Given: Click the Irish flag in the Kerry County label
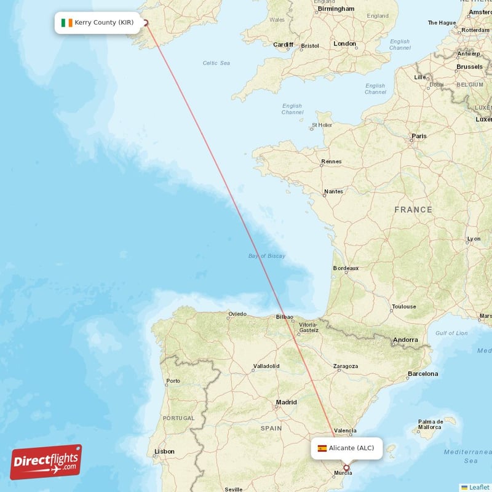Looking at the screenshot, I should click(67, 23).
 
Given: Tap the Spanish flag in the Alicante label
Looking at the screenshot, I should click(322, 448).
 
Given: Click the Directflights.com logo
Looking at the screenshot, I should click(46, 462).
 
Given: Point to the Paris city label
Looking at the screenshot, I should click(419, 136).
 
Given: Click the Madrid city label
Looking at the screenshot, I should click(286, 402).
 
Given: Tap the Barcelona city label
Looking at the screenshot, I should click(423, 373).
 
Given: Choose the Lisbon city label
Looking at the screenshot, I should click(164, 451).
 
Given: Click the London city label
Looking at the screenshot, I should click(344, 44).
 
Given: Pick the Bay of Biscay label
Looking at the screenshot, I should click(267, 256).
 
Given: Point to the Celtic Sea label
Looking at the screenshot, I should click(216, 63).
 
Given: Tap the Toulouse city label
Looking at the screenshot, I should click(403, 306).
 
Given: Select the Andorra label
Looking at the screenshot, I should click(405, 339).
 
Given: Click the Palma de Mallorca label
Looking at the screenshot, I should click(429, 424).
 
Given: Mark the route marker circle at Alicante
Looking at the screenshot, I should click(346, 468).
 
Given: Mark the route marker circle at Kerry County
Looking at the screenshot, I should click(146, 23).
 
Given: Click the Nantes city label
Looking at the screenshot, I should click(333, 191).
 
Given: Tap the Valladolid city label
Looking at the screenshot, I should click(266, 366).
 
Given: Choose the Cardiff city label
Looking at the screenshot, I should click(283, 44).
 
